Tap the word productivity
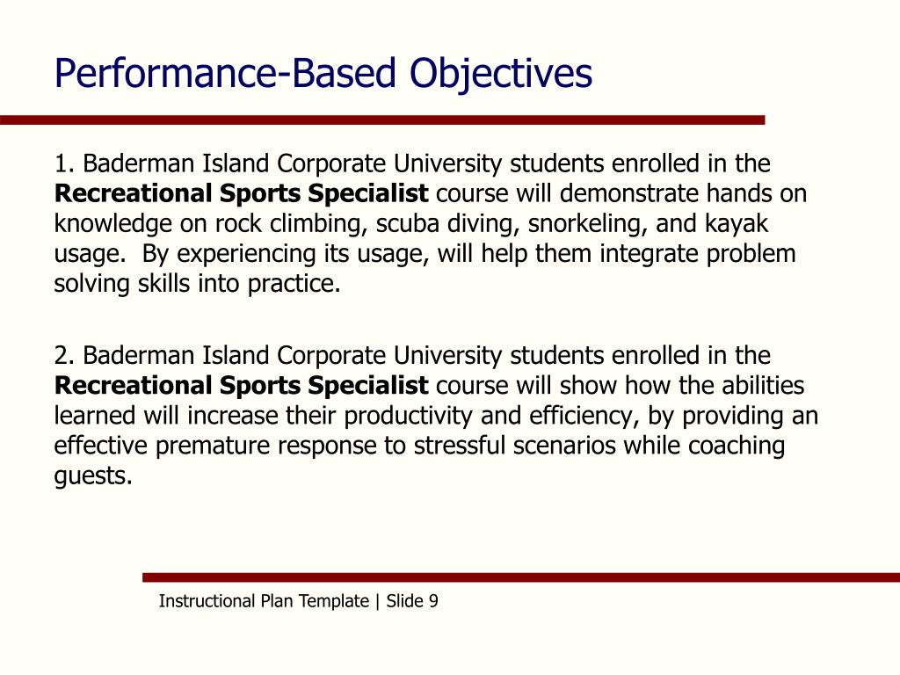(x=387, y=416)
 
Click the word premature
(x=214, y=446)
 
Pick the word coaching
(x=736, y=446)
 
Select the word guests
(x=92, y=476)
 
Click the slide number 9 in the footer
(x=433, y=601)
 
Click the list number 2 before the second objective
(x=62, y=356)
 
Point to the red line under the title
(x=382, y=120)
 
